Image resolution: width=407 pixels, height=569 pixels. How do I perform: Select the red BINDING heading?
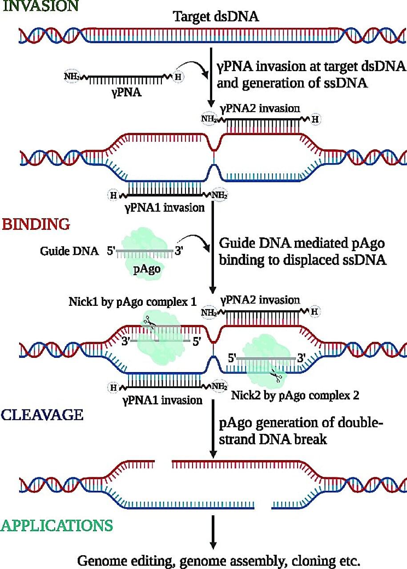tap(36, 224)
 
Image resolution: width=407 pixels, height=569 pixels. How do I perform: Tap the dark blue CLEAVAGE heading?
tap(42, 415)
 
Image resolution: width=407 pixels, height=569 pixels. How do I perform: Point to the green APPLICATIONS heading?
tap(56, 525)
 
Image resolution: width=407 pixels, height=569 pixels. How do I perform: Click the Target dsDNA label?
tap(216, 17)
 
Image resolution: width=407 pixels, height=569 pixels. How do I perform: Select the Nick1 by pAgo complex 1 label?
tap(133, 302)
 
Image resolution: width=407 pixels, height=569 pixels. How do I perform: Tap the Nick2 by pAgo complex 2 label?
tap(295, 395)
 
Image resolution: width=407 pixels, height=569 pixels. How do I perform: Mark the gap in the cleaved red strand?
tap(163, 465)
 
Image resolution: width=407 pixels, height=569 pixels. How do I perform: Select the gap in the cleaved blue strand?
tap(263, 505)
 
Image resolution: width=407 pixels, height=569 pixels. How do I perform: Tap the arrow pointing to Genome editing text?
tap(213, 533)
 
